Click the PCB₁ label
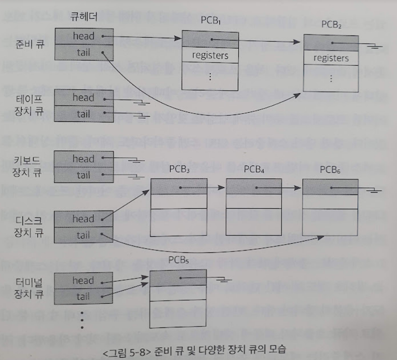tap(210, 21)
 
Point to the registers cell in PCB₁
tap(210, 56)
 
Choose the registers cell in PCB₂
tap(331, 58)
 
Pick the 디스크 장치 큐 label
tap(28, 227)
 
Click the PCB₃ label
tap(179, 169)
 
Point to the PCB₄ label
tap(253, 169)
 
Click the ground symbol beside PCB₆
tap(375, 189)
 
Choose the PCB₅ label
tap(178, 260)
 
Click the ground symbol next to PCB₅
tap(224, 280)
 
